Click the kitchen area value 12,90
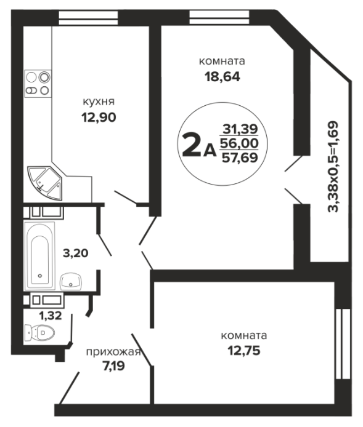tap(99, 118)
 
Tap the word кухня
tap(99, 102)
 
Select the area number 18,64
tap(222, 77)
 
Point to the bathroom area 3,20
tap(76, 253)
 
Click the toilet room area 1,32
tap(51, 316)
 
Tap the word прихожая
tap(113, 352)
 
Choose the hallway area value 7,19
tap(113, 365)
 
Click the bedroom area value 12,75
tap(244, 351)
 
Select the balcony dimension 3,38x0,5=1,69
tap(333, 167)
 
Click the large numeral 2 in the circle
tap(192, 145)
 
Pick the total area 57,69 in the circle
tap(240, 158)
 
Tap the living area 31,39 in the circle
tap(240, 129)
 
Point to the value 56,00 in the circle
tap(240, 143)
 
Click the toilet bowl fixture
tap(39, 332)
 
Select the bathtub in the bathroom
tap(40, 256)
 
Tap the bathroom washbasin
tap(71, 282)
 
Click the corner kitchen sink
tap(46, 183)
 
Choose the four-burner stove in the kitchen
tap(38, 84)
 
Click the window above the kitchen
tap(88, 18)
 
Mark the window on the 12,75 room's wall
tap(343, 344)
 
